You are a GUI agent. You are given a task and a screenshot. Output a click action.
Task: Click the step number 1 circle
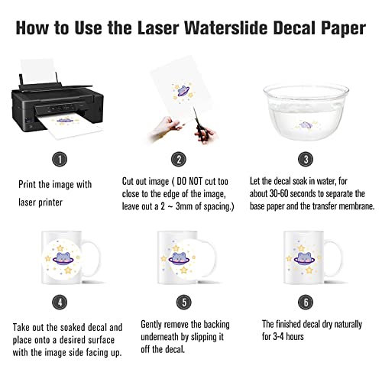(x=57, y=160)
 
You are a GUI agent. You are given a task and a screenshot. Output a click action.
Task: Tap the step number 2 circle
(x=179, y=160)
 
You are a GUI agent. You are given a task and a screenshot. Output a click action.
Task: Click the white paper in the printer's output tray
(x=54, y=124)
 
